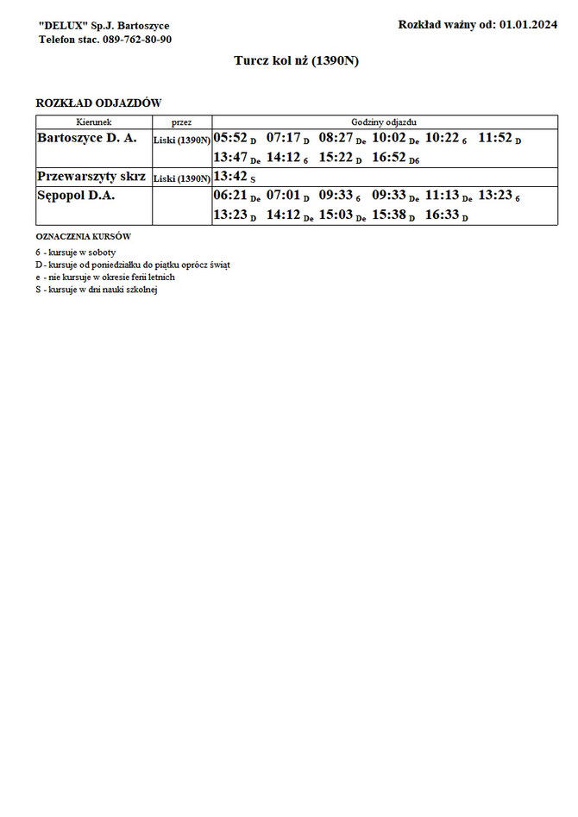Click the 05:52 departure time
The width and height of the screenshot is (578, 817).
pos(230,138)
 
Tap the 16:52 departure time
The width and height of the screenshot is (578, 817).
pos(389,159)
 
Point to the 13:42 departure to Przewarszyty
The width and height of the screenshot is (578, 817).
pos(230,177)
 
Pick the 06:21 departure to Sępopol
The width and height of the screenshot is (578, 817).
pos(230,196)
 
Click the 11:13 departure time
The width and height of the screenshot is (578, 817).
pos(443,196)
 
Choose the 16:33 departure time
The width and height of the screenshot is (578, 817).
pos(443,216)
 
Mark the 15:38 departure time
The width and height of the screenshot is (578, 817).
pos(389,216)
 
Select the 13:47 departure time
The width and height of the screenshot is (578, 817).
pos(230,159)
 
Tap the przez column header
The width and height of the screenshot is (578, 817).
pos(181,122)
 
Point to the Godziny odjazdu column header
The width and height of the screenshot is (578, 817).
pos(384,122)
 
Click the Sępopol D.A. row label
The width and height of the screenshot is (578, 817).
pos(77,196)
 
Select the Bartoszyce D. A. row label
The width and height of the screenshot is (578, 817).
pos(87,137)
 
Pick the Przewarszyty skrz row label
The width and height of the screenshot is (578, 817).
pos(91,176)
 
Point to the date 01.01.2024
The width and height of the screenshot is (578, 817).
pos(528,25)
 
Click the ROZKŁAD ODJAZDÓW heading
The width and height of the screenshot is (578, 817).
pos(98,103)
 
